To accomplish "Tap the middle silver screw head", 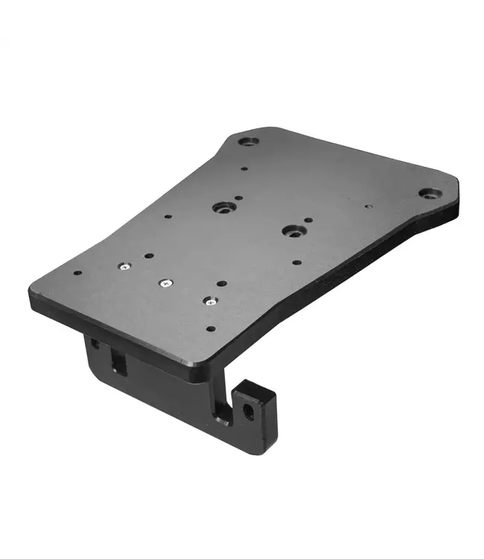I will coord(165,283).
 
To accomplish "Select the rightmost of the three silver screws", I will coord(209,301).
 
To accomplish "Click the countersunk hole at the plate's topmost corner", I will coord(249,140).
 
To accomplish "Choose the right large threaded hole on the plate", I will coord(292,232).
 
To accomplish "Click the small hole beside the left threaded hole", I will coord(238,199).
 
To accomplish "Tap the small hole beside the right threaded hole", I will coord(308,221).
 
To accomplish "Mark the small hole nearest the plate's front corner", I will coord(211,329).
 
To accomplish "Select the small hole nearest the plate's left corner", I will coord(77,273).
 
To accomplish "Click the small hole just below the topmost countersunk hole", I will coord(243,169).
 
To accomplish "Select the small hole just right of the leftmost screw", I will coord(149,256).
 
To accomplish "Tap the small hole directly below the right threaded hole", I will coord(296,262).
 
